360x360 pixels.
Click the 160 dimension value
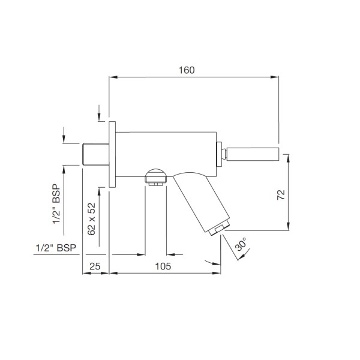pyautogui.click(x=187, y=70)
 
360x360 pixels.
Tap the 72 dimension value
pyautogui.click(x=281, y=194)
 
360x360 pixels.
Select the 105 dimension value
pyautogui.click(x=163, y=266)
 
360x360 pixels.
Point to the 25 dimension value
pyautogui.click(x=95, y=266)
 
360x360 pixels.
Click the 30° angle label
pyautogui.click(x=241, y=244)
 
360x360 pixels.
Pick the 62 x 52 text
pyautogui.click(x=91, y=219)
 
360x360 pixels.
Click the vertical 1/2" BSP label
pyautogui.click(x=56, y=204)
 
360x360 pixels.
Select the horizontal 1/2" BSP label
pyautogui.click(x=56, y=248)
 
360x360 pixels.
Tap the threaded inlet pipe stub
pyautogui.click(x=95, y=154)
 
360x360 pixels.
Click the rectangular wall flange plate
pyautogui.click(x=112, y=154)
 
